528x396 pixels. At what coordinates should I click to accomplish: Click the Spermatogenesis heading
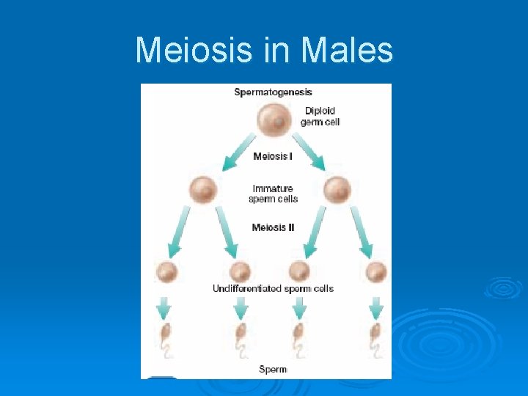click(x=273, y=92)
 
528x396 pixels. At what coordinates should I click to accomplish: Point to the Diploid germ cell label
click(x=320, y=117)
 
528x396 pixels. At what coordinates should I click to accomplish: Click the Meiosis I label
click(x=273, y=156)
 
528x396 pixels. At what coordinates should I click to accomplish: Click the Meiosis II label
click(x=273, y=227)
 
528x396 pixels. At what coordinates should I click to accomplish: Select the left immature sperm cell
click(x=203, y=190)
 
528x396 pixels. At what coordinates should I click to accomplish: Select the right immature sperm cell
click(x=337, y=190)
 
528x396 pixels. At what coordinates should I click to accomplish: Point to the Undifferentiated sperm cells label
click(x=273, y=288)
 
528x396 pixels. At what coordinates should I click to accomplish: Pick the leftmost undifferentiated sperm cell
click(x=167, y=272)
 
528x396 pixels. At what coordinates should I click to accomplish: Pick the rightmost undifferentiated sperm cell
click(x=376, y=272)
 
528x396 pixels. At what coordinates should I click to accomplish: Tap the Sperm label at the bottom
click(x=273, y=369)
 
